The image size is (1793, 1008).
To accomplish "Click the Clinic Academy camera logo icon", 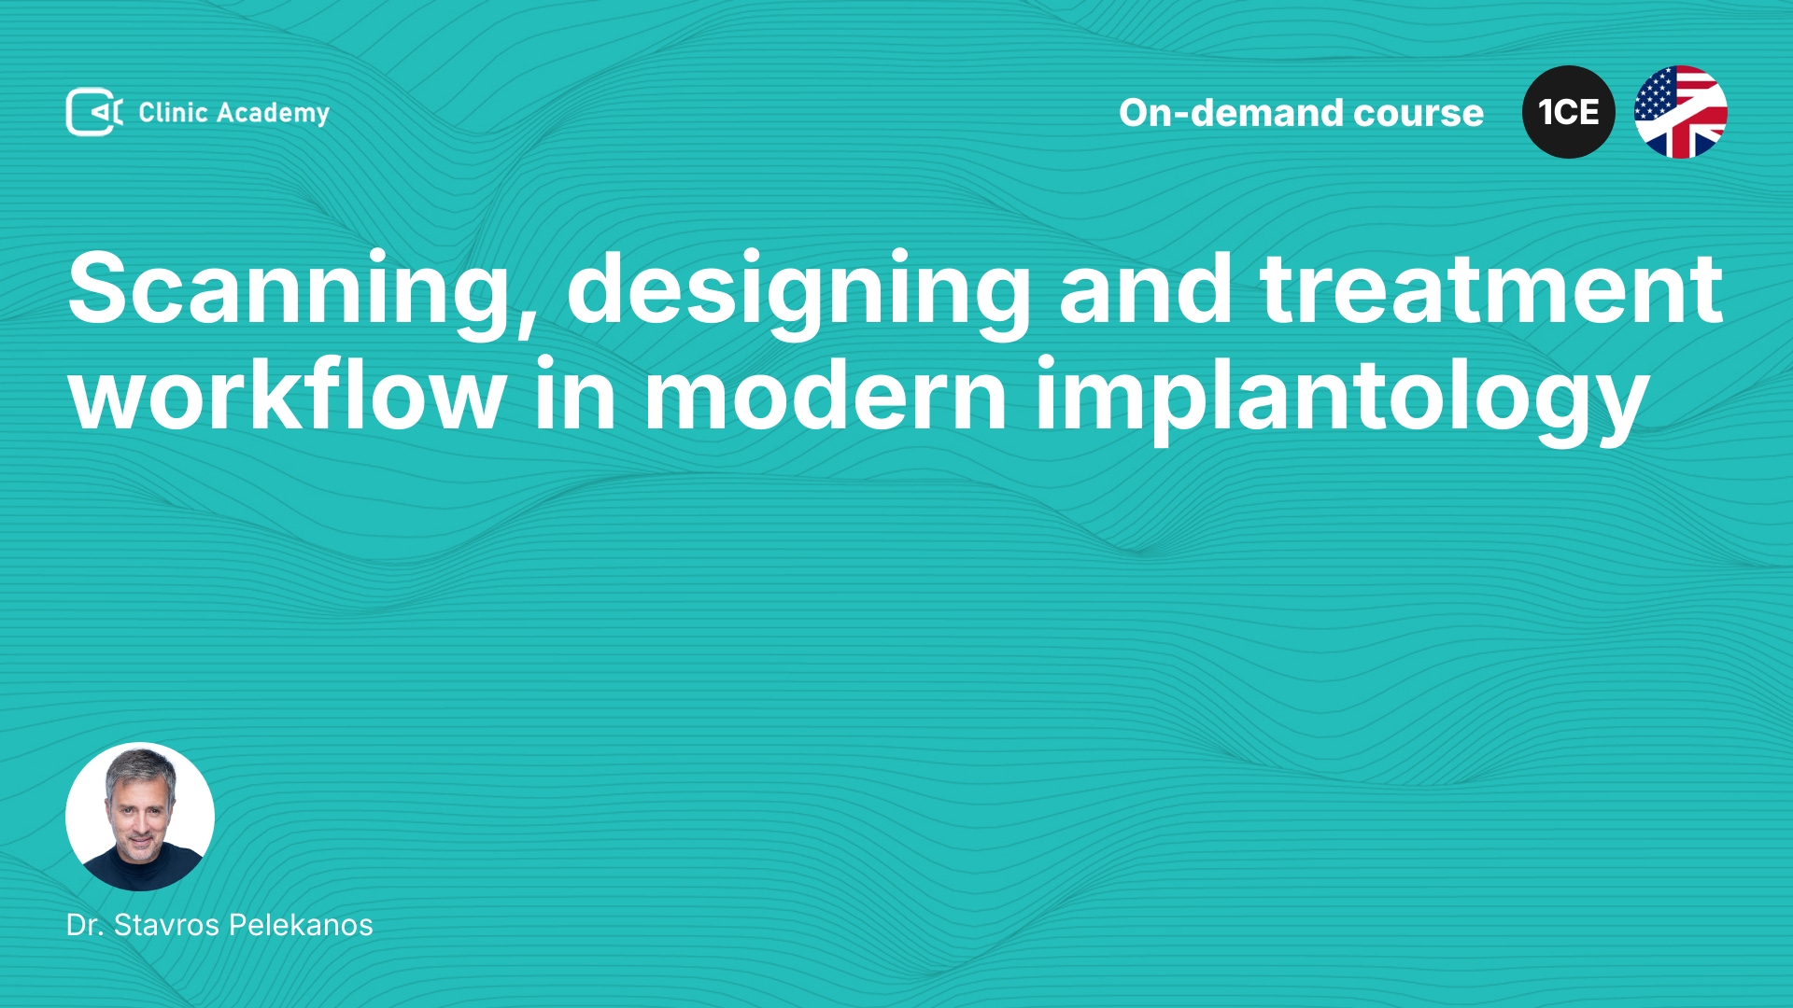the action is (x=94, y=112).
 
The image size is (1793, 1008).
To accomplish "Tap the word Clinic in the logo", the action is (x=173, y=112).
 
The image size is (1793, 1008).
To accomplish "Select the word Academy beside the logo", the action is (x=273, y=114).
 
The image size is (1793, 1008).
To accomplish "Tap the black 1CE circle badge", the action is (x=1569, y=112).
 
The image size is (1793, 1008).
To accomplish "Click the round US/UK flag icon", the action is (x=1681, y=112).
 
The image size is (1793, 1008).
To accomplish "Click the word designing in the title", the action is (x=799, y=292).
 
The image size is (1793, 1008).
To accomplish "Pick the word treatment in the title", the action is (x=1490, y=290).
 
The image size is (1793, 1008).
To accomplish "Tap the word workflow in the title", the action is (x=288, y=394).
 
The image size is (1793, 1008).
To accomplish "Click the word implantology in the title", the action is (x=1342, y=399).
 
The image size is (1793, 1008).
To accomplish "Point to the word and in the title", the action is (x=1146, y=288).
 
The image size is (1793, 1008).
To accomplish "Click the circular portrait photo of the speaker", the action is (x=140, y=817).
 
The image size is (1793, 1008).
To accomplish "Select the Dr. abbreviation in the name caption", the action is (x=84, y=925).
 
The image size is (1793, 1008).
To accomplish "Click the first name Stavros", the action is (x=166, y=925).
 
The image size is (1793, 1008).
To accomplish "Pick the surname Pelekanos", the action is (x=301, y=925).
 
